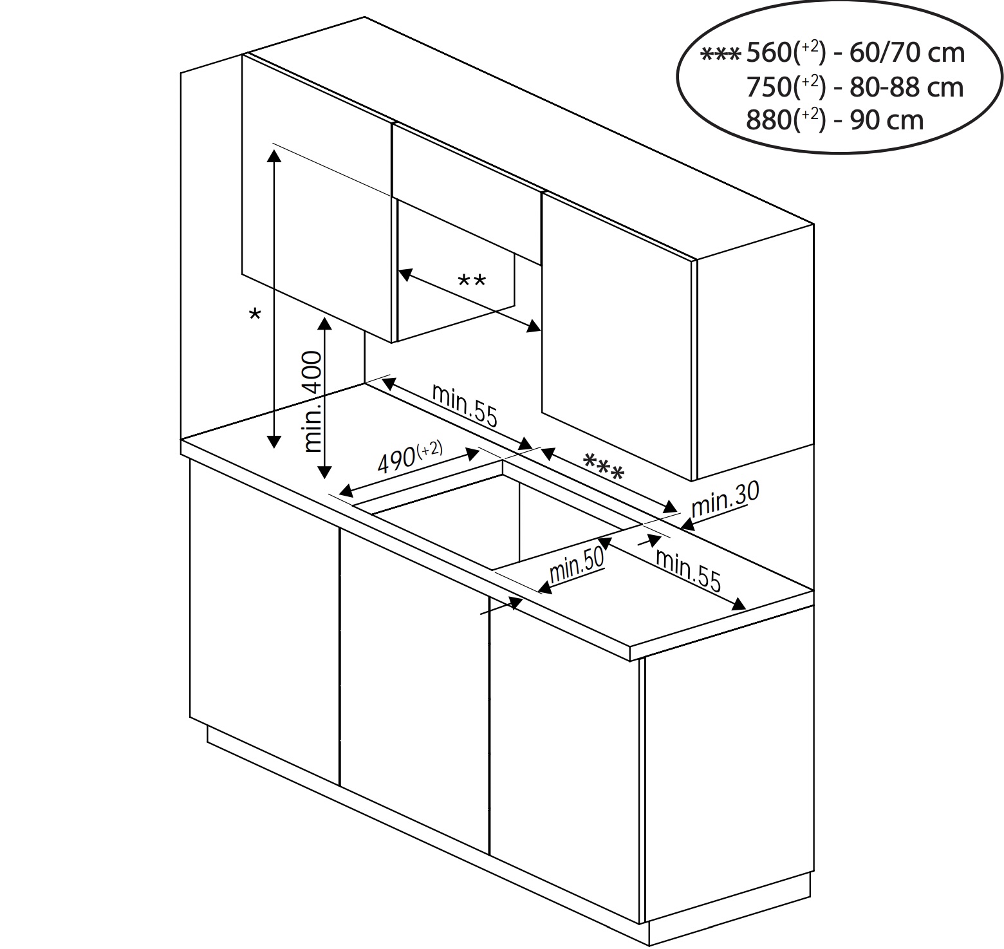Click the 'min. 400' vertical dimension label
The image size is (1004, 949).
pos(312,401)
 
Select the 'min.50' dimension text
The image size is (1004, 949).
pos(577,565)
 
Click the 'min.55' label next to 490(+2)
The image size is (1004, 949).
pos(465,405)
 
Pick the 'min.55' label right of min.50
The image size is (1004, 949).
pos(688,570)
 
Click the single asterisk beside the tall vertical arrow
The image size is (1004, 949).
pos(256,315)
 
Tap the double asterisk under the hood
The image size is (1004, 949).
pos(472,281)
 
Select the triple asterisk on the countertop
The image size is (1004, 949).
pos(603,467)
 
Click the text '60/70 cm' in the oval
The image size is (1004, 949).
pos(907,53)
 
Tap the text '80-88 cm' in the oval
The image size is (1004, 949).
pos(907,86)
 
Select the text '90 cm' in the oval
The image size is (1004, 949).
pos(887,120)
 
